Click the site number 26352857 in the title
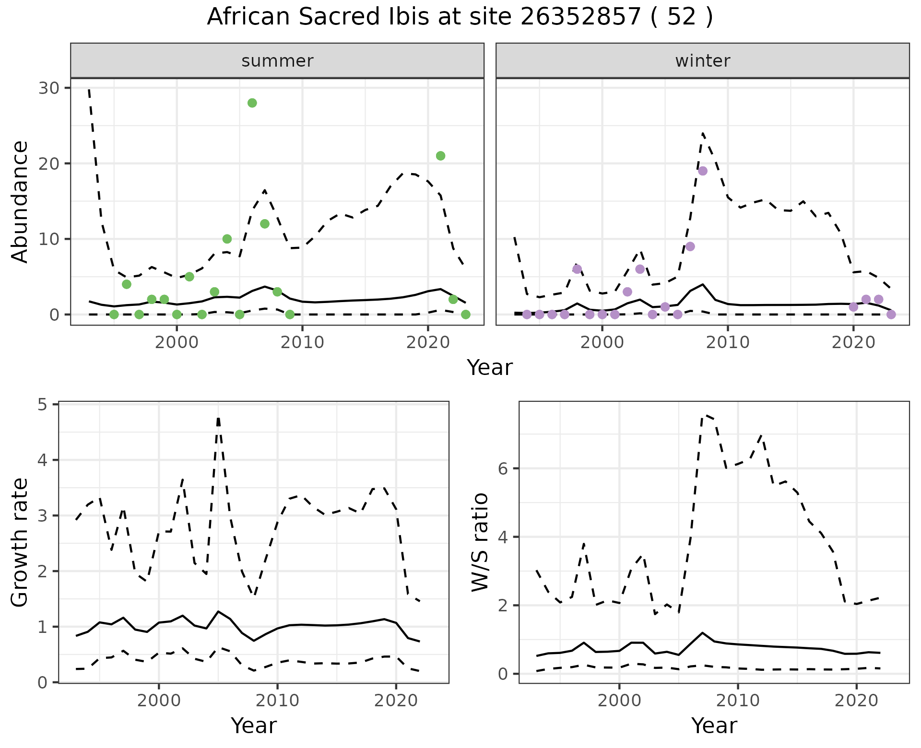(x=580, y=17)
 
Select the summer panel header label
(x=277, y=61)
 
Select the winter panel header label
(x=702, y=61)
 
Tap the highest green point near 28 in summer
(x=252, y=103)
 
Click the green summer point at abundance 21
(x=440, y=156)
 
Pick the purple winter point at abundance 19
(x=703, y=171)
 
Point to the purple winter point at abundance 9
(x=690, y=246)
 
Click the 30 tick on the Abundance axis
(x=52, y=88)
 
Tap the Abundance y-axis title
(x=20, y=202)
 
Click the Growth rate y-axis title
(x=20, y=543)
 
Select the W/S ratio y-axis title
(x=480, y=543)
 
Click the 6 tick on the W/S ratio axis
(x=503, y=468)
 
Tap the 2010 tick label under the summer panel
(x=302, y=343)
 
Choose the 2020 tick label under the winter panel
(x=853, y=343)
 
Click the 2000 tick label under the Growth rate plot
(x=159, y=701)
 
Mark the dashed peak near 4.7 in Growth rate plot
(x=218, y=419)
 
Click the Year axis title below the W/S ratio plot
(x=714, y=726)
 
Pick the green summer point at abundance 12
(x=265, y=224)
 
